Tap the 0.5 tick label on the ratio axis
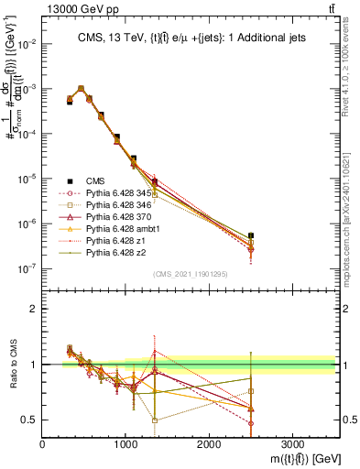click(29, 420)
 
